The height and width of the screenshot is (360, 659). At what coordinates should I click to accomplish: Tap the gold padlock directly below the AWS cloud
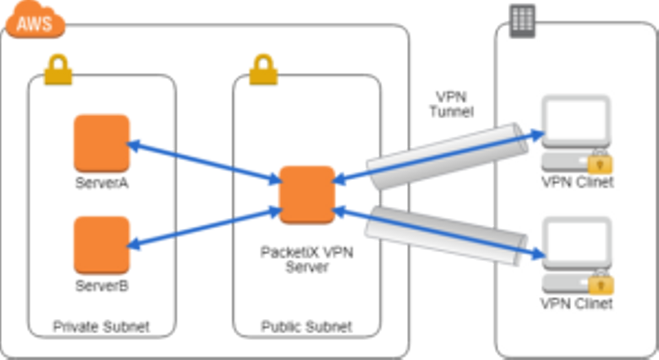pyautogui.click(x=58, y=70)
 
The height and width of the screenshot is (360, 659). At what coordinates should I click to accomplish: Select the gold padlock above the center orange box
pyautogui.click(x=263, y=70)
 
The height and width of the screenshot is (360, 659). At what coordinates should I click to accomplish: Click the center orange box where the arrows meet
pyautogui.click(x=308, y=194)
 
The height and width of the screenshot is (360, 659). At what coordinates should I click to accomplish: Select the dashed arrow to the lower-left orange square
pyautogui.click(x=201, y=226)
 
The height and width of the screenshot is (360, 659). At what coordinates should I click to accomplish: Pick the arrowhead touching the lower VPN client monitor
pyautogui.click(x=539, y=254)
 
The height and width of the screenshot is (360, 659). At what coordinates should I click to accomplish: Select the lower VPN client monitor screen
pyautogui.click(x=577, y=240)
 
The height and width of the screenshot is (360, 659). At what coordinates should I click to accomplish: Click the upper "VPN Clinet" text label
pyautogui.click(x=578, y=182)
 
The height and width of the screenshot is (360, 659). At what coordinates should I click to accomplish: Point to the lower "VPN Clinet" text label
pyautogui.click(x=577, y=303)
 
